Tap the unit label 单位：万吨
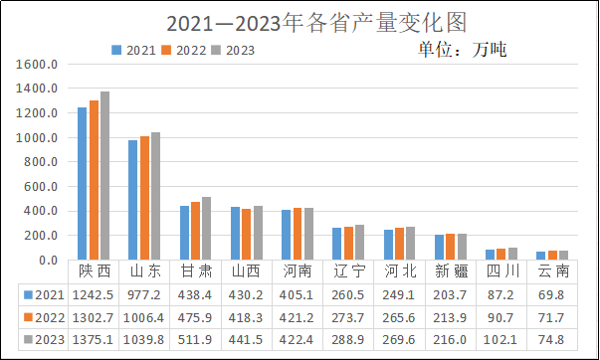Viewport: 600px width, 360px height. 463,49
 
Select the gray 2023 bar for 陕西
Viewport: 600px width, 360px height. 104,176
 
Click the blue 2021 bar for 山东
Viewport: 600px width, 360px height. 132,200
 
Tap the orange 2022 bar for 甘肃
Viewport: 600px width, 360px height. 195,231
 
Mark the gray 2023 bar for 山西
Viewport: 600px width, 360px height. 257,233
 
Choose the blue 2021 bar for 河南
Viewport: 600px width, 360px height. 286,235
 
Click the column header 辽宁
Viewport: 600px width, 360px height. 347,270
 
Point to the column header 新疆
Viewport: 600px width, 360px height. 450,270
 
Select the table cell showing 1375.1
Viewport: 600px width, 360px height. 93,341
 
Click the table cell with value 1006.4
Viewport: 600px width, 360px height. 144,318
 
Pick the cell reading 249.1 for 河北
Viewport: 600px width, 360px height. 398,294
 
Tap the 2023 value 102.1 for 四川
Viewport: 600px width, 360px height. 500,341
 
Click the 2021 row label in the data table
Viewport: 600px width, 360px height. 44,294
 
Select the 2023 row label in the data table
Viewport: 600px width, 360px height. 44,341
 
